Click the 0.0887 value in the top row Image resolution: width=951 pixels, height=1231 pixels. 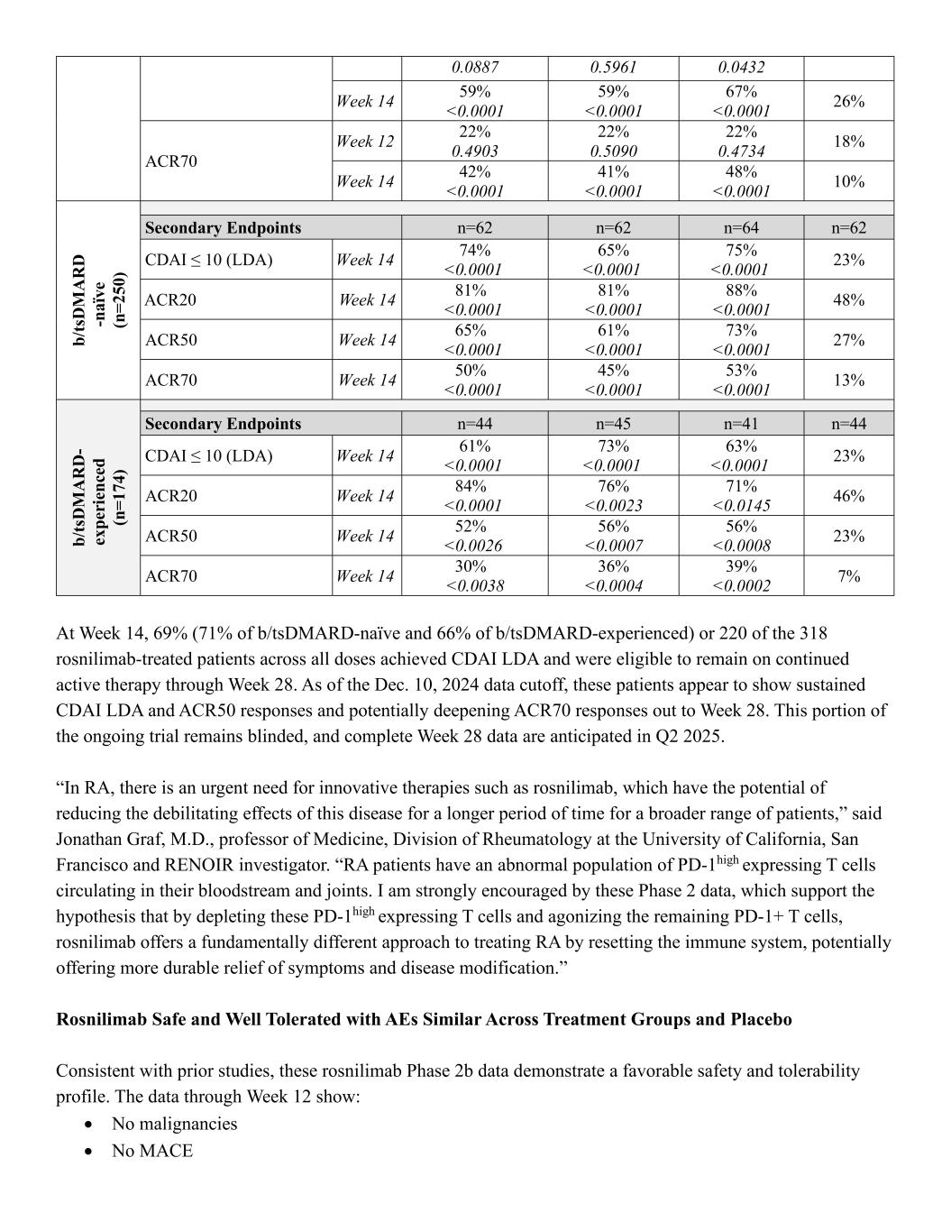pos(474,68)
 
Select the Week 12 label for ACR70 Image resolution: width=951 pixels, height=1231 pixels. pos(365,142)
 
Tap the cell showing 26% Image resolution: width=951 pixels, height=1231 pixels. pos(848,101)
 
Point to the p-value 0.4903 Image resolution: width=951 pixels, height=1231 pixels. pos(474,152)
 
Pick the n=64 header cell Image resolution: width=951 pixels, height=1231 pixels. pos(740,228)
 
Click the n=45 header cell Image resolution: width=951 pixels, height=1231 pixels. pos(613,424)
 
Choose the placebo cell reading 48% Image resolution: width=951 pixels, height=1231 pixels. pos(848,299)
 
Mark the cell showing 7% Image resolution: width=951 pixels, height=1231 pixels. pos(848,575)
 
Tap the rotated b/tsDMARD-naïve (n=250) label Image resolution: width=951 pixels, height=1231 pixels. pos(98,300)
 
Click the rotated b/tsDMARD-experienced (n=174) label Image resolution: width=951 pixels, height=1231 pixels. pos(98,497)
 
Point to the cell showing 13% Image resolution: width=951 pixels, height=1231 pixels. pos(848,380)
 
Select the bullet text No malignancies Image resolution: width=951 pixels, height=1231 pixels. pos(174,1124)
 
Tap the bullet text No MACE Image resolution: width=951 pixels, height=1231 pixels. pos(151,1151)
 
